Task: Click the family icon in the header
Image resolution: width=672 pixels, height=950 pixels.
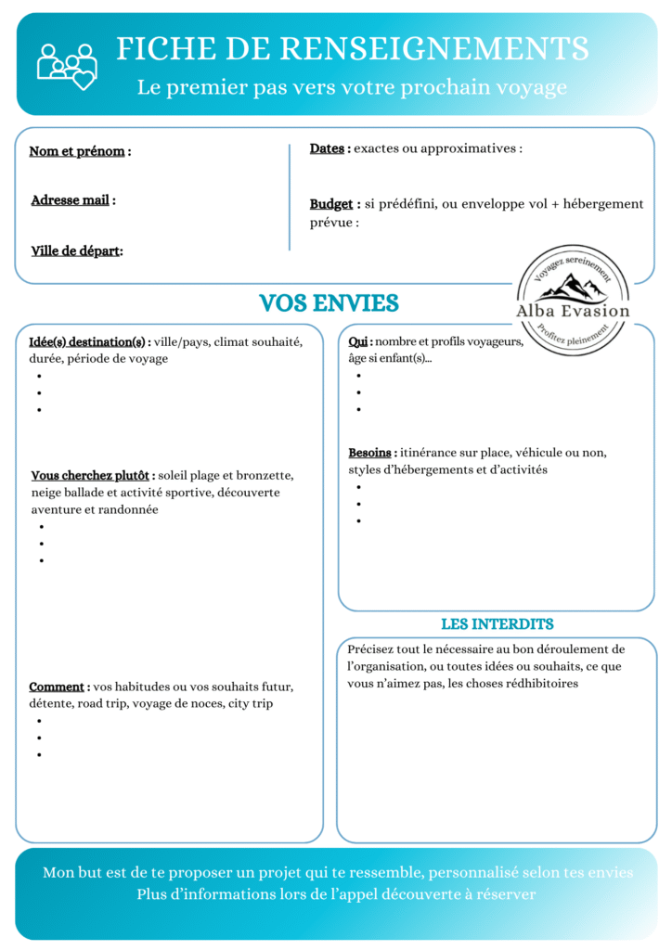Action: click(x=67, y=65)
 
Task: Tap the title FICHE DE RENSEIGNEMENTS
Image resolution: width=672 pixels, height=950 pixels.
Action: click(x=352, y=48)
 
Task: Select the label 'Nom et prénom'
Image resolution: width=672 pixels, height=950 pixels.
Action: click(x=77, y=151)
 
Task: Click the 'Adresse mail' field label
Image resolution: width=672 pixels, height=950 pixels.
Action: click(x=71, y=200)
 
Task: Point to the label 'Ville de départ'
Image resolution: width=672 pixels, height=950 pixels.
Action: click(x=75, y=251)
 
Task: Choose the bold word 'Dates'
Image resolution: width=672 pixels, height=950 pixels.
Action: click(x=329, y=148)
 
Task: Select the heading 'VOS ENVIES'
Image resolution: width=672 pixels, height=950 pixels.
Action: click(x=329, y=303)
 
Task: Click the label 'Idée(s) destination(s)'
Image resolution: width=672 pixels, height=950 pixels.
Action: click(x=88, y=342)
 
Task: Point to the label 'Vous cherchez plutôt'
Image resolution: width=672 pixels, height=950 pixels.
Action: click(x=91, y=476)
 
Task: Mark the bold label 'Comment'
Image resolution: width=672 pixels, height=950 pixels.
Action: click(x=57, y=687)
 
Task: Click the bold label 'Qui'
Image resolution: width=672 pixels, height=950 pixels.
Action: click(x=359, y=342)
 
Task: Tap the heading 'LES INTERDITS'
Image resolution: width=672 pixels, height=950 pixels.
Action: click(x=497, y=623)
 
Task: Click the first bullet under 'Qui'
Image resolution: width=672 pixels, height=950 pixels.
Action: click(x=359, y=376)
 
